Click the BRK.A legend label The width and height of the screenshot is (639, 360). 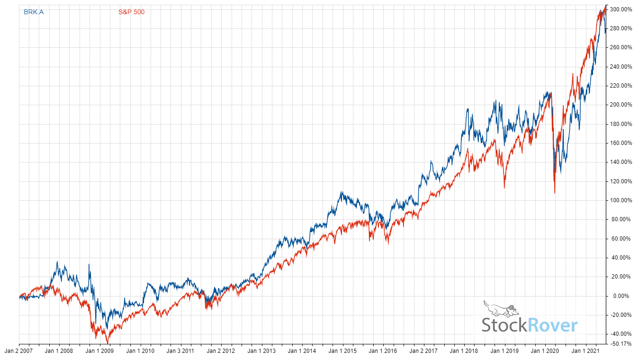tap(33, 12)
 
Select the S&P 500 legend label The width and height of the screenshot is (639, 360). tap(131, 12)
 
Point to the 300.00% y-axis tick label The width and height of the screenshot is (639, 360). tap(621, 9)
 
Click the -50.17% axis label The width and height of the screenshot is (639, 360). tap(621, 344)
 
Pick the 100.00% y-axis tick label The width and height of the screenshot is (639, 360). tap(621, 200)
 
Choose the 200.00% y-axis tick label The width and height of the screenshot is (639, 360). tap(621, 105)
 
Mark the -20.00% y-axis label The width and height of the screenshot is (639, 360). tap(621, 315)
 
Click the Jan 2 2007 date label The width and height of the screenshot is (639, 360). tap(19, 351)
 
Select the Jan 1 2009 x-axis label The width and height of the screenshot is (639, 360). tap(99, 351)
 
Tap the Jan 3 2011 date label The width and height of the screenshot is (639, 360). tap(180, 351)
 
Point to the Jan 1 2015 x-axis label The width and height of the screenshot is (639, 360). tap(342, 351)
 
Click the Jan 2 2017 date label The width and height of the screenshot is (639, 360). tap(423, 351)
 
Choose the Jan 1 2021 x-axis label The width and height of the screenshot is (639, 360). tap(585, 351)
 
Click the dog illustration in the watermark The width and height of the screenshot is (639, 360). tap(501, 308)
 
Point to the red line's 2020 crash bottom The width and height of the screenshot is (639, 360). tap(555, 193)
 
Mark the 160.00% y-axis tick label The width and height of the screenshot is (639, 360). tap(621, 143)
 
